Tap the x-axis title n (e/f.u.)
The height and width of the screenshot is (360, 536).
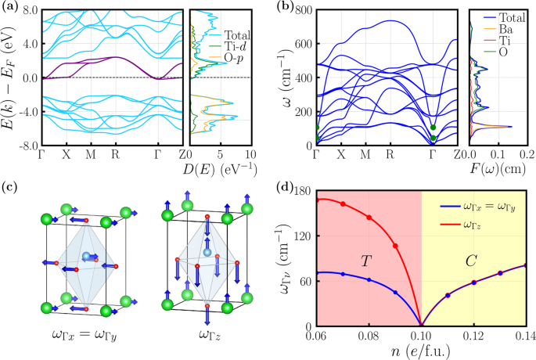[421, 351]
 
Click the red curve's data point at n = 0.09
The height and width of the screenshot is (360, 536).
[395, 246]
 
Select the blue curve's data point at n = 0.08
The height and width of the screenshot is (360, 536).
[369, 280]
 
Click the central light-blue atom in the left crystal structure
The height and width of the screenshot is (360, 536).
[85, 256]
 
